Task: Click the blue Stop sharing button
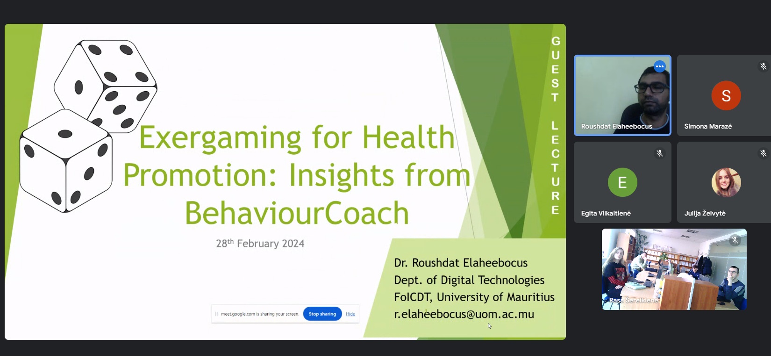(322, 314)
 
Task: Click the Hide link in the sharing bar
(350, 314)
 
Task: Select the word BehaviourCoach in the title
(297, 213)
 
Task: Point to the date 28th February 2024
(260, 244)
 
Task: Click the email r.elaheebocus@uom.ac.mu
(464, 314)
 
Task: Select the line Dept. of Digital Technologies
(469, 280)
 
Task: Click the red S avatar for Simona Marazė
(726, 95)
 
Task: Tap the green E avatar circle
(622, 182)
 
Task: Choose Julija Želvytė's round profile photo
(726, 182)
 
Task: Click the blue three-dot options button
(659, 66)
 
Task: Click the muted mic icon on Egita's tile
(659, 153)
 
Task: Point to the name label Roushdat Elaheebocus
(616, 126)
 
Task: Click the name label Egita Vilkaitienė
(606, 213)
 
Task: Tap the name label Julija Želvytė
(705, 213)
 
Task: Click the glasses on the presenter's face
(651, 88)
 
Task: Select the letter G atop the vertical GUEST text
(556, 41)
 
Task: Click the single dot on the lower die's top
(65, 134)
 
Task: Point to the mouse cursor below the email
(489, 326)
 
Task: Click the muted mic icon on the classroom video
(735, 240)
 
